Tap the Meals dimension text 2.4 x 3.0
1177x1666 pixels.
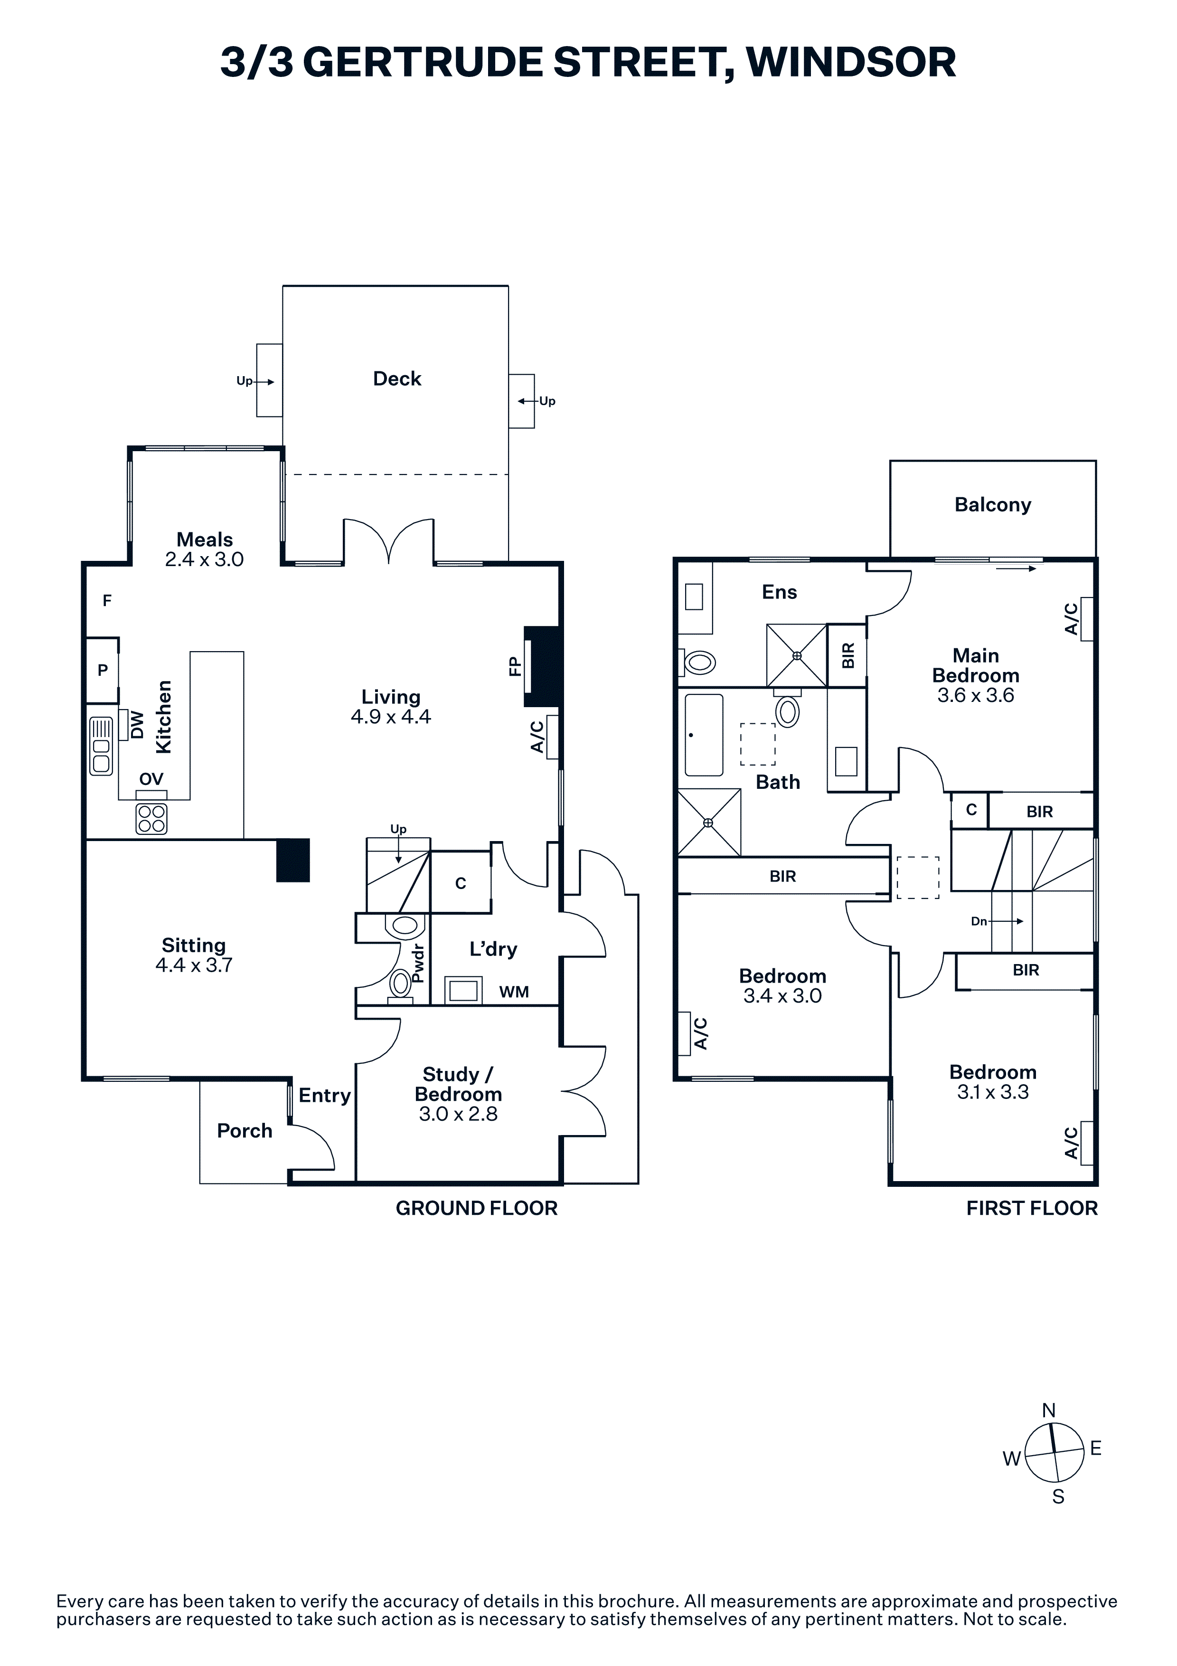205,559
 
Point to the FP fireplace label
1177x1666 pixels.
515,666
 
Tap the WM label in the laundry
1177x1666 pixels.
514,992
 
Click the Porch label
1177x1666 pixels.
245,1130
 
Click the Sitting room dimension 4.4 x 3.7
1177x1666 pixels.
194,965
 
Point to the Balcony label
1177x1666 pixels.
993,505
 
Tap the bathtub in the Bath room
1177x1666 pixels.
704,735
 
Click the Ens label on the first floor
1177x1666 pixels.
780,592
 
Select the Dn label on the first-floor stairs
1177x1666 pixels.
979,921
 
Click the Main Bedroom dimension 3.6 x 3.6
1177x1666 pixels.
976,695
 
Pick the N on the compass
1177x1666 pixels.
1049,1410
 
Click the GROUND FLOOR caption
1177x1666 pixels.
477,1208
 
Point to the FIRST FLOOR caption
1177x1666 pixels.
1032,1208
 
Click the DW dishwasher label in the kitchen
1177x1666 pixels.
137,725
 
